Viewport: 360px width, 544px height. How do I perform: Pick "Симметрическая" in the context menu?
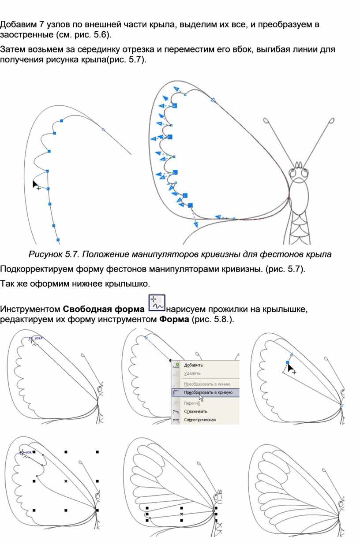tap(200, 420)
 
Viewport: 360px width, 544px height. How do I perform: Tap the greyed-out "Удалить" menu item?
tap(192, 373)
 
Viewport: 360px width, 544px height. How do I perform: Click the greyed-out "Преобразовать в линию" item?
tap(206, 384)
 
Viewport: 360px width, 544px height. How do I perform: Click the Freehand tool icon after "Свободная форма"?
tap(157, 302)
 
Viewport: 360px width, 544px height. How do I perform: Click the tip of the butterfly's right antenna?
tap(331, 120)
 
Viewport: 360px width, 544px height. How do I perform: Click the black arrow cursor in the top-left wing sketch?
tap(35, 183)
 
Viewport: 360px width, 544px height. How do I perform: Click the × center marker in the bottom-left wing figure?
tap(66, 481)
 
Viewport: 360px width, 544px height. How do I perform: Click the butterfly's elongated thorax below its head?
tap(301, 196)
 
